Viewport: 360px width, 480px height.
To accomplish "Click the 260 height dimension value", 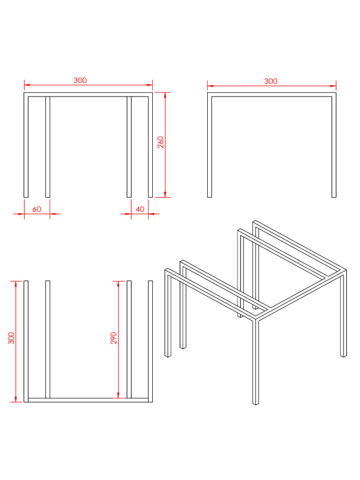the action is click(161, 142).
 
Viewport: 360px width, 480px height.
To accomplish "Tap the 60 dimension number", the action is click(37, 210).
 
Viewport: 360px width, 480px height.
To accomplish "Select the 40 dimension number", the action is click(140, 210).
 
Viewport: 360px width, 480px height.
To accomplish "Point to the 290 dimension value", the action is click(113, 338).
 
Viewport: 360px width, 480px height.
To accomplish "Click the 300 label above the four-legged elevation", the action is click(80, 81).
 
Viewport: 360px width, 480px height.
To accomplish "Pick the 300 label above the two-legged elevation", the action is click(270, 82).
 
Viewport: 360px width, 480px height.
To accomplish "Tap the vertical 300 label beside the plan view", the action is click(11, 338).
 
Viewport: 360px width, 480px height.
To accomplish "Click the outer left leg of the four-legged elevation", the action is click(26, 145).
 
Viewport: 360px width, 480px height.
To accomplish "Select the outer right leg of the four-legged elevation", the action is click(150, 145).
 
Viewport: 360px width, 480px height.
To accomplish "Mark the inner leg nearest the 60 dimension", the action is click(48, 147).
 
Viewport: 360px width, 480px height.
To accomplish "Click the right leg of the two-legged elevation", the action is click(334, 145).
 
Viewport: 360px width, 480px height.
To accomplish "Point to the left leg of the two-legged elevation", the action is click(210, 145).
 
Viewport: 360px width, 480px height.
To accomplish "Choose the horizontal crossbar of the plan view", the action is click(88, 400).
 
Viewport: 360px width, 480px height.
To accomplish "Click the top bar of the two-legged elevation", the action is click(272, 95).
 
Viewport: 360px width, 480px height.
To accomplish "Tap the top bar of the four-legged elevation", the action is click(88, 95).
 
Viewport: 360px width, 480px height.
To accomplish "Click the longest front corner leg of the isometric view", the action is click(255, 362).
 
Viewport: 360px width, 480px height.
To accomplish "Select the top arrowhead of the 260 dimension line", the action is click(165, 95).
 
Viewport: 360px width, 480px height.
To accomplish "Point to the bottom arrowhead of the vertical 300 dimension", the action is click(16, 399).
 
